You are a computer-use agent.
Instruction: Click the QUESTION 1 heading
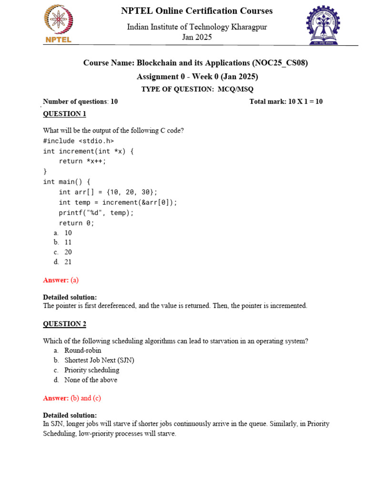[x=65, y=114]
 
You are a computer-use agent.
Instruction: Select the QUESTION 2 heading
[x=65, y=324]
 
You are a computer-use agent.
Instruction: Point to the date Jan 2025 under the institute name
[x=197, y=37]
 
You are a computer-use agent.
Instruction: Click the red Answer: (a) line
[x=61, y=280]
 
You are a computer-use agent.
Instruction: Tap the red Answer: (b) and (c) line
[x=72, y=398]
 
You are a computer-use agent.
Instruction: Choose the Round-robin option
[x=82, y=351]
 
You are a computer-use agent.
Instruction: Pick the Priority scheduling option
[x=91, y=370]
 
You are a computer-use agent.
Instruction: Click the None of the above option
[x=91, y=380]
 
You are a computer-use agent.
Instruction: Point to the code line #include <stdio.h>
[x=79, y=141]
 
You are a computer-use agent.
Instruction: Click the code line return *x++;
[x=82, y=161]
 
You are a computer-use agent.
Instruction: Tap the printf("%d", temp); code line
[x=96, y=213]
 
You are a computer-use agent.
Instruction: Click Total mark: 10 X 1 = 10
[x=286, y=101]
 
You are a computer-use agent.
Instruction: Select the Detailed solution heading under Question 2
[x=70, y=415]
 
